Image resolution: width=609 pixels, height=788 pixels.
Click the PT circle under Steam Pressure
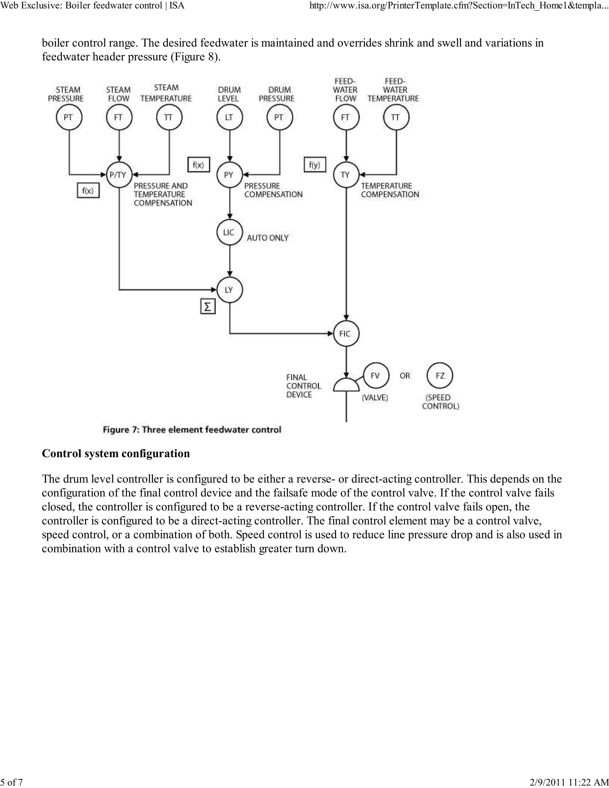click(69, 117)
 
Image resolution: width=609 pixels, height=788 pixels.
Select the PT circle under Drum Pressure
click(279, 117)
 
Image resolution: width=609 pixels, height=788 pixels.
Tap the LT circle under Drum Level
click(230, 117)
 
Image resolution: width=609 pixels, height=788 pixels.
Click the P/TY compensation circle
click(119, 175)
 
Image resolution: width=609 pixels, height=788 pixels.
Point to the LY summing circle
click(230, 290)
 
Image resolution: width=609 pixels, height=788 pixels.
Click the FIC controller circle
click(346, 334)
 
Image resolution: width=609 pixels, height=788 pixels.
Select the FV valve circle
click(376, 376)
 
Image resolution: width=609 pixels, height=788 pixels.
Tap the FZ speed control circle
click(440, 376)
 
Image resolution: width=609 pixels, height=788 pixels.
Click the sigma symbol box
click(208, 307)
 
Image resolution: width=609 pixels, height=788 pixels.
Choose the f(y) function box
click(315, 165)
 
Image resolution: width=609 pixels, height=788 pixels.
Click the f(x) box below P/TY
click(88, 191)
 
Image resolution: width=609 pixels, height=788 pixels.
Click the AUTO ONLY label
click(268, 238)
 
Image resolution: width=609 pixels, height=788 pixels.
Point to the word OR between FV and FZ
click(405, 376)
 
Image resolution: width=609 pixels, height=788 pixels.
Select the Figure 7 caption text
click(192, 430)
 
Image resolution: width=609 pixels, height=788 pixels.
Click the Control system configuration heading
click(116, 453)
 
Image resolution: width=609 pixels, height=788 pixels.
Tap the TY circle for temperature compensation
click(346, 175)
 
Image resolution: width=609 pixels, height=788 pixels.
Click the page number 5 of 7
click(12, 782)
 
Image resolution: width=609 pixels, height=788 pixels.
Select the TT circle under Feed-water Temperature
click(396, 117)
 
